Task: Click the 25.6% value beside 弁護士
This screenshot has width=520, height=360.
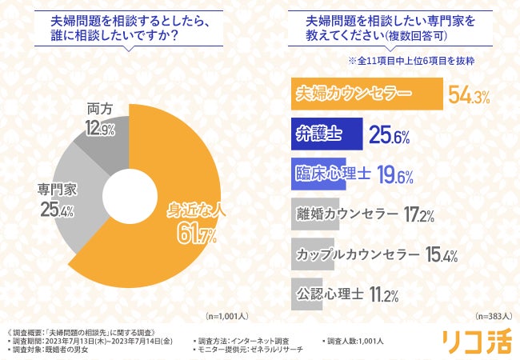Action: [x=390, y=136]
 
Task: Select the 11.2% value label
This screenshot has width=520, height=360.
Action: [x=384, y=295]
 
